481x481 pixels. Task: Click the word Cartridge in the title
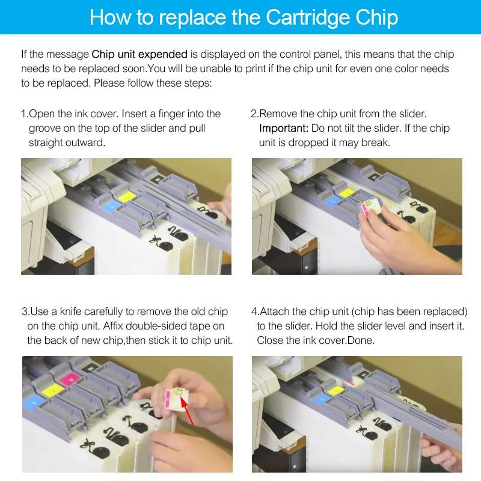pyautogui.click(x=308, y=18)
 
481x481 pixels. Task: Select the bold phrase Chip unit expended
pyautogui.click(x=139, y=54)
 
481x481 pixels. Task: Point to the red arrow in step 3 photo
pyautogui.click(x=187, y=411)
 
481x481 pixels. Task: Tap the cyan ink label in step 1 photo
pyautogui.click(x=111, y=207)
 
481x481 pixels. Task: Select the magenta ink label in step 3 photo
pyautogui.click(x=70, y=379)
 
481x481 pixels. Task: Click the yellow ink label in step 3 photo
pyautogui.click(x=53, y=390)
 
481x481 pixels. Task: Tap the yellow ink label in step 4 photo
pyautogui.click(x=337, y=390)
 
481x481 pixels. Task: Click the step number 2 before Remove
pyautogui.click(x=254, y=114)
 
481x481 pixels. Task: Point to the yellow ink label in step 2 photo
pyautogui.click(x=347, y=193)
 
